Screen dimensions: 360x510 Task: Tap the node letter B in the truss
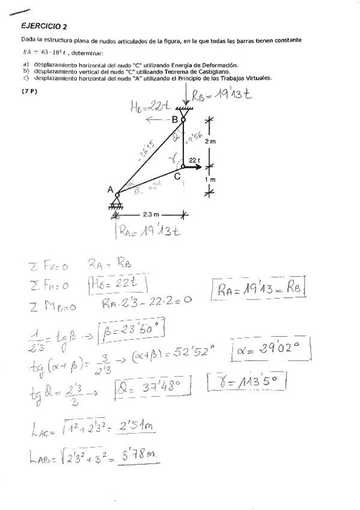pyautogui.click(x=175, y=120)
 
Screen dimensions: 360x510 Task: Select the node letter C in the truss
pyautogui.click(x=177, y=176)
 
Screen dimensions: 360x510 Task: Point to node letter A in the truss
pyautogui.click(x=110, y=189)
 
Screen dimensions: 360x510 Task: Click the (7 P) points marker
pyautogui.click(x=29, y=91)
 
